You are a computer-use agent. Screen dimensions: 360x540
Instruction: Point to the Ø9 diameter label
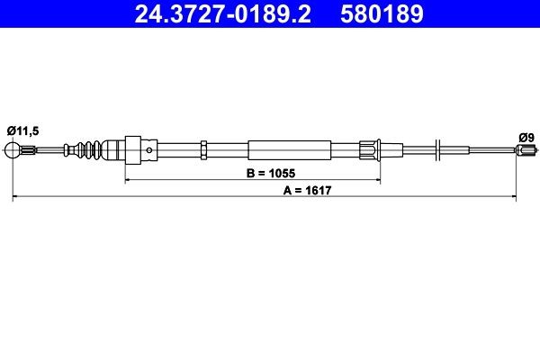[x=526, y=138]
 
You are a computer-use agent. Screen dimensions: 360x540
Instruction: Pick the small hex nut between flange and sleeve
[x=205, y=149]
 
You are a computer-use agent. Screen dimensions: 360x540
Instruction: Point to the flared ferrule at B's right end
[x=371, y=149]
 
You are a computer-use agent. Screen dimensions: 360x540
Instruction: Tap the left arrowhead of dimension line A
[x=15, y=193]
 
